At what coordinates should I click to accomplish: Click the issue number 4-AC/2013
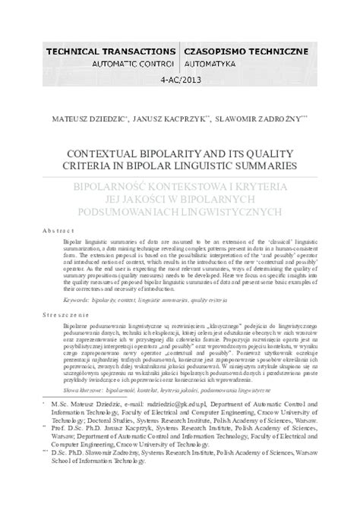180,79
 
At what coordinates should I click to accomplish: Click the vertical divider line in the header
180,57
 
